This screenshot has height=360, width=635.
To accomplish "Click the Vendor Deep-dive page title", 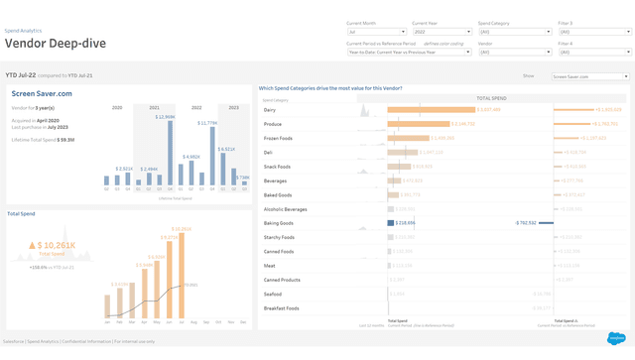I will [x=58, y=44].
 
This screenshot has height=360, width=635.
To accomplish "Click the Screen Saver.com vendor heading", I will [x=42, y=93].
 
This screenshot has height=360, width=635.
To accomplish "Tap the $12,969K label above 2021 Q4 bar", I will [x=165, y=117].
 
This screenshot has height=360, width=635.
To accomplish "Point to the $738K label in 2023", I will [x=243, y=178].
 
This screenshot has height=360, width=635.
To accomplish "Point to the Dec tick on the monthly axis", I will [x=242, y=321].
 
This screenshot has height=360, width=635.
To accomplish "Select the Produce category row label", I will [x=273, y=124].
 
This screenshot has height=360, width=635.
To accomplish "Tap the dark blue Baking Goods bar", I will [x=391, y=223].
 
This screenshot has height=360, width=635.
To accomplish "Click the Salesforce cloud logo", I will [x=615, y=338].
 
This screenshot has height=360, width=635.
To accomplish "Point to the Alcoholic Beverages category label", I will [x=286, y=209].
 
